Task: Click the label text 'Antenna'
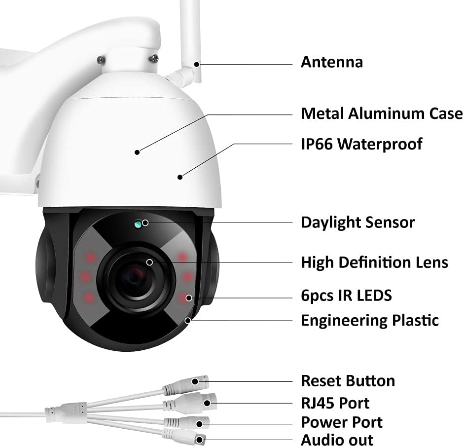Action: (332, 62)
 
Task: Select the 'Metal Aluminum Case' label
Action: (382, 113)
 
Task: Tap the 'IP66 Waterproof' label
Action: (361, 144)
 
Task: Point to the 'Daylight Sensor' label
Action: (357, 222)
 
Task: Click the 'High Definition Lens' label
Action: (374, 262)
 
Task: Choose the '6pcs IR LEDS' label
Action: (346, 296)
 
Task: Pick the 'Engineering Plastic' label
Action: (370, 320)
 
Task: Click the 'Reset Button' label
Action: (348, 381)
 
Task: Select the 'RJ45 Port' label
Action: (335, 403)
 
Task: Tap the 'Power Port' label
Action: (342, 422)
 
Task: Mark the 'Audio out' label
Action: (337, 440)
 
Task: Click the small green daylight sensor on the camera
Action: (139, 224)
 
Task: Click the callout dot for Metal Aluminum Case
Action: (138, 152)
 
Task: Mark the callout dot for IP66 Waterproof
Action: (180, 176)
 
